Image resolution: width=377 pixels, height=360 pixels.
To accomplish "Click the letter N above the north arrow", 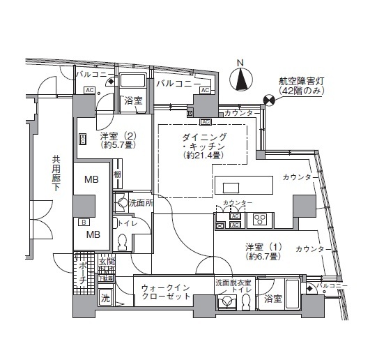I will pyautogui.click(x=240, y=62).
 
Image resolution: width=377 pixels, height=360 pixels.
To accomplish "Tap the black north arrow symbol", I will pyautogui.click(x=240, y=80).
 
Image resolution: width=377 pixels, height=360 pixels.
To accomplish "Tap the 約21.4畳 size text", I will pyautogui.click(x=203, y=157).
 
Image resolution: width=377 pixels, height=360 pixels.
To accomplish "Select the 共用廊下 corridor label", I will pyautogui.click(x=56, y=175).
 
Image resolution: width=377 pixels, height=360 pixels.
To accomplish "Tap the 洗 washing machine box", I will pyautogui.click(x=105, y=299).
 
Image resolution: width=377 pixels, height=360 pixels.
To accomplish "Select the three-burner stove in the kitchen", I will pyautogui.click(x=260, y=220).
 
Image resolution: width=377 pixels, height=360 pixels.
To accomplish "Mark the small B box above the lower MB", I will pyautogui.click(x=83, y=223).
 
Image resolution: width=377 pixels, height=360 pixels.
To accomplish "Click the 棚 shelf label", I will pyautogui.click(x=118, y=174).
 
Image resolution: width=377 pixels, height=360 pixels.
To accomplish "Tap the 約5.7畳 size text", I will pyautogui.click(x=116, y=146).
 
